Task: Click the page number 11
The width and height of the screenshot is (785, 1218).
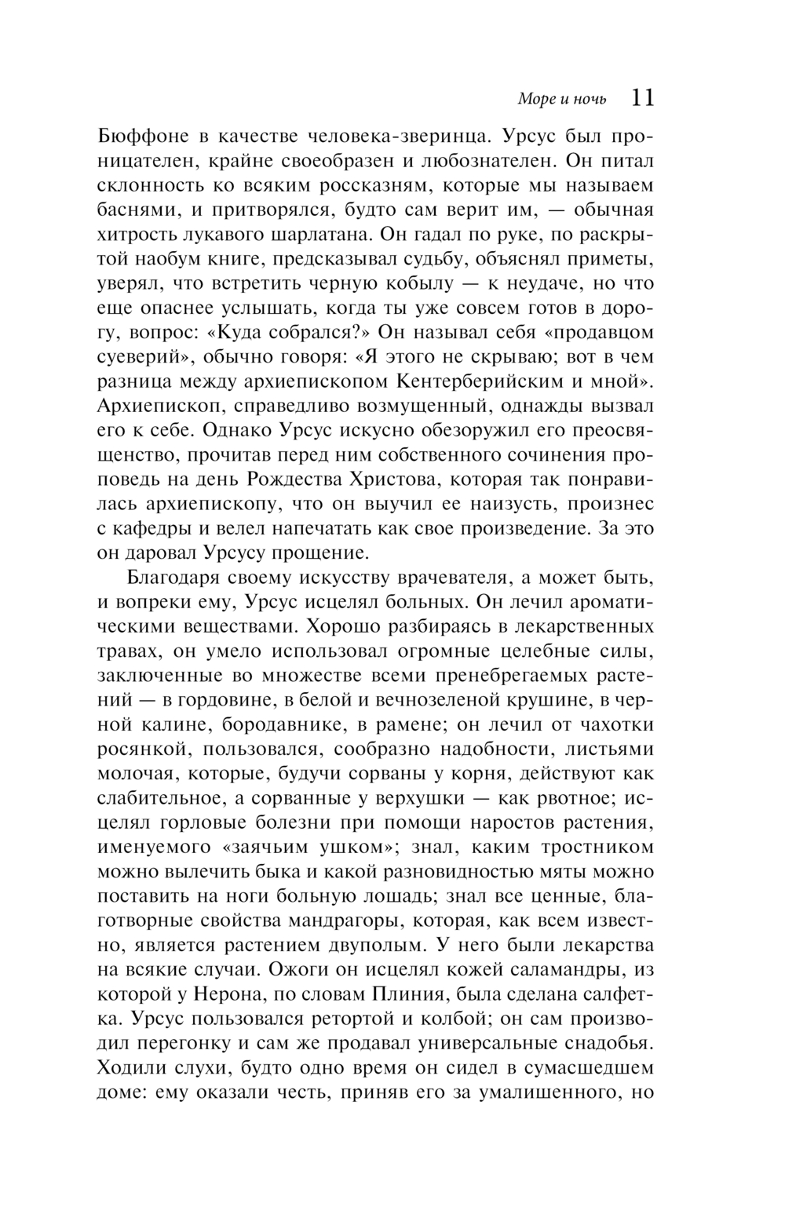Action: tap(641, 97)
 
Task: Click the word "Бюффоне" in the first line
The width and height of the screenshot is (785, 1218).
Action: tap(144, 137)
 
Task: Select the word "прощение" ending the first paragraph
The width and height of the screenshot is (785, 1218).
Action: tap(319, 552)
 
